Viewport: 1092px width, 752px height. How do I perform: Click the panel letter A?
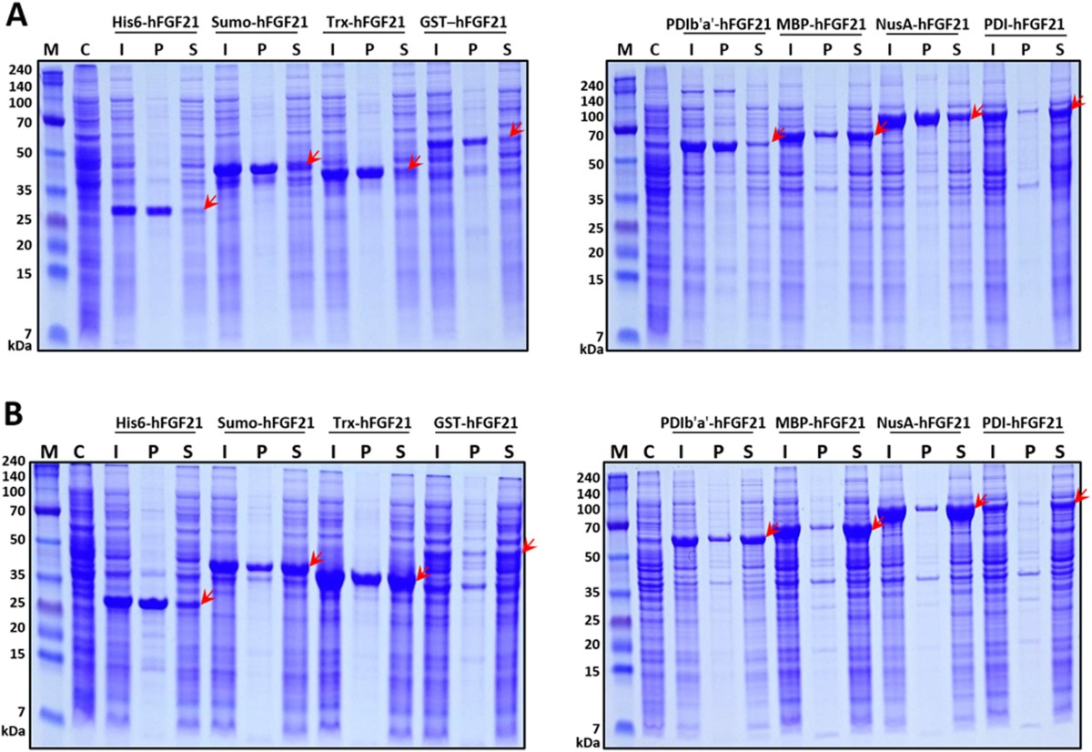(x=16, y=15)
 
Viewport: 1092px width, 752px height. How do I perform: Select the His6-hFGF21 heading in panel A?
(x=154, y=21)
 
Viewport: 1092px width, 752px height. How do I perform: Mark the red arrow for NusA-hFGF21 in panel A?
(x=976, y=112)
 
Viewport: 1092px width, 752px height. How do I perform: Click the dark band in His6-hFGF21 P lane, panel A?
(x=157, y=210)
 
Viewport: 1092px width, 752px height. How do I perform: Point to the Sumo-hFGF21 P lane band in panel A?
(x=263, y=168)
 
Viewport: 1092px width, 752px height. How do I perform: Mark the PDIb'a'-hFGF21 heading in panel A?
(x=718, y=23)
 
